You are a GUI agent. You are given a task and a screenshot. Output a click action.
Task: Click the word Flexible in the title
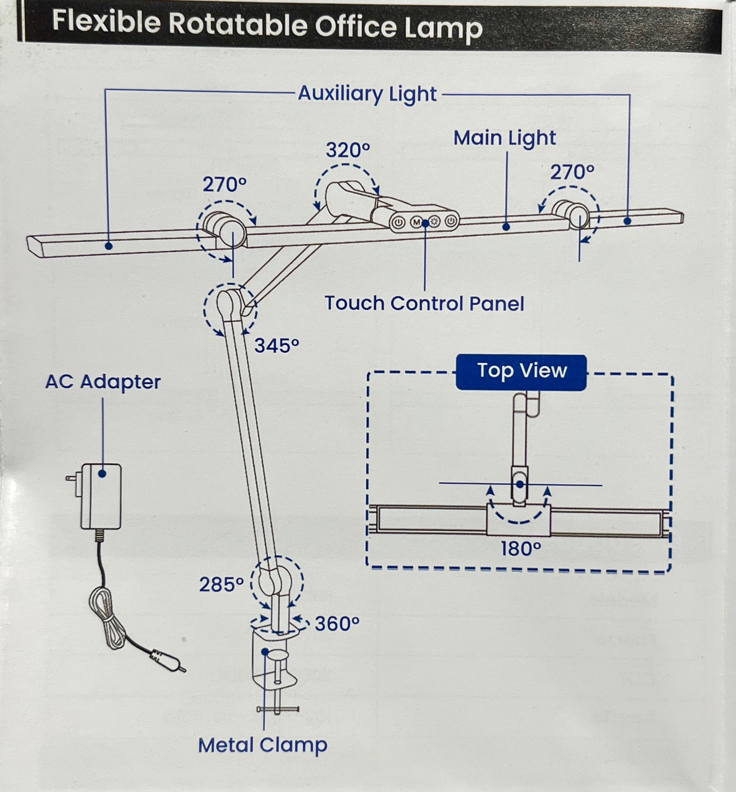(x=106, y=22)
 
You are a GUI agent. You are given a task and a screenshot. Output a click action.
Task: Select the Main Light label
(x=504, y=138)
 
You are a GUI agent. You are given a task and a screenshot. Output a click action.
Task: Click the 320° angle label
(x=348, y=150)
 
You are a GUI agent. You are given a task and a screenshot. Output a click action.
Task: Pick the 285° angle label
(x=222, y=585)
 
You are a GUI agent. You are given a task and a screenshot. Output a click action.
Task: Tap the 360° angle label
(x=337, y=624)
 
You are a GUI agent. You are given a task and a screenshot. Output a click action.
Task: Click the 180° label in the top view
(x=521, y=549)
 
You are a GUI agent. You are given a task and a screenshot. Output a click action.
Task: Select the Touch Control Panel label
(x=424, y=304)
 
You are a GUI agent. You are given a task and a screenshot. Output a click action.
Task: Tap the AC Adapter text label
(x=103, y=382)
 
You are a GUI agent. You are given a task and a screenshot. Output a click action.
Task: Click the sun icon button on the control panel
(x=434, y=222)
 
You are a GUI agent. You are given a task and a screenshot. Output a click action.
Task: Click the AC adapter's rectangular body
(x=102, y=497)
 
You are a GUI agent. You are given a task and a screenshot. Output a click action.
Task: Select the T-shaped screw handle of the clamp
(x=278, y=709)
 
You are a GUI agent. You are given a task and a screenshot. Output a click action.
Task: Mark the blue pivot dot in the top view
(x=520, y=485)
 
